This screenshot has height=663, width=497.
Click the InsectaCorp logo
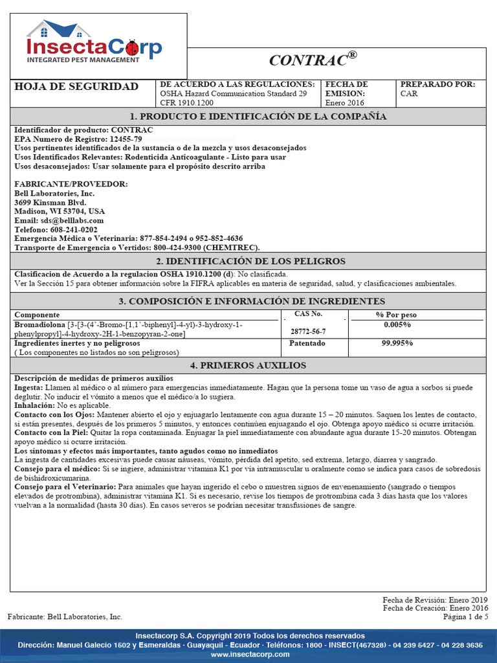pyautogui.click(x=94, y=43)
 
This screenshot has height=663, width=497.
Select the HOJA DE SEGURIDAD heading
pyautogui.click(x=76, y=87)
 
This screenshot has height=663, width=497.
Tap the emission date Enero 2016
pyautogui.click(x=344, y=102)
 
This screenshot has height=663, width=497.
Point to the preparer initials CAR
pyautogui.click(x=409, y=94)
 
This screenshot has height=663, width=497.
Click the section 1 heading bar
pyautogui.click(x=248, y=117)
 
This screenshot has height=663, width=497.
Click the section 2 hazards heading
pyautogui.click(x=248, y=261)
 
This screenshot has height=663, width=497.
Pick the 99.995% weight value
pyautogui.click(x=397, y=343)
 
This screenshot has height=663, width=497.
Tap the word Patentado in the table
pyautogui.click(x=307, y=343)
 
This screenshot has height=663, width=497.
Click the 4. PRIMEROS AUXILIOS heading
pyautogui.click(x=248, y=365)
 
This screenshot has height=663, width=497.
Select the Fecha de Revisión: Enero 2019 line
pyautogui.click(x=435, y=600)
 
